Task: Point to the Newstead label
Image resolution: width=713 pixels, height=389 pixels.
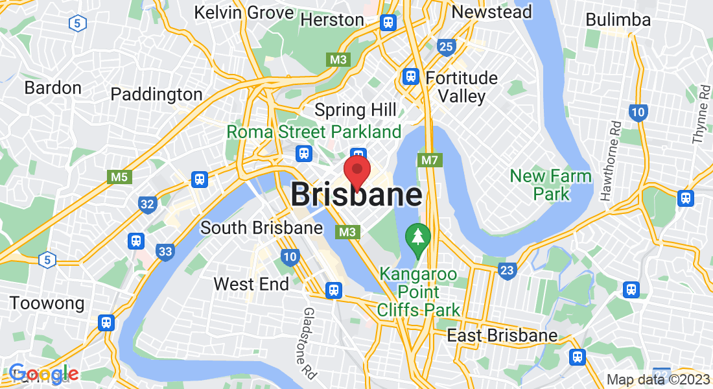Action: click(492, 12)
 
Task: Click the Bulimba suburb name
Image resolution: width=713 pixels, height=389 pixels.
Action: click(618, 20)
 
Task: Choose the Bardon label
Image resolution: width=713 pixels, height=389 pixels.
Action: click(53, 88)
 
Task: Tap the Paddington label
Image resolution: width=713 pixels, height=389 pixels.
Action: click(156, 95)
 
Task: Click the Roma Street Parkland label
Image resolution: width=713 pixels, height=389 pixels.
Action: click(314, 132)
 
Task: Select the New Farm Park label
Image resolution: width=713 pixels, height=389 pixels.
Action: click(550, 185)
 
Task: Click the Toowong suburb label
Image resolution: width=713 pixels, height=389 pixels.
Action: click(47, 303)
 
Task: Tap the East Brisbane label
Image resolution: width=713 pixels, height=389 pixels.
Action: click(502, 335)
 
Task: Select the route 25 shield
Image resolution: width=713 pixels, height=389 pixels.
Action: click(446, 46)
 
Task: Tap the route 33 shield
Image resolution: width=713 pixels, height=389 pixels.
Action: click(165, 251)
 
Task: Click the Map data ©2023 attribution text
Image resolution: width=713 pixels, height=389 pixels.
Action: click(658, 379)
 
